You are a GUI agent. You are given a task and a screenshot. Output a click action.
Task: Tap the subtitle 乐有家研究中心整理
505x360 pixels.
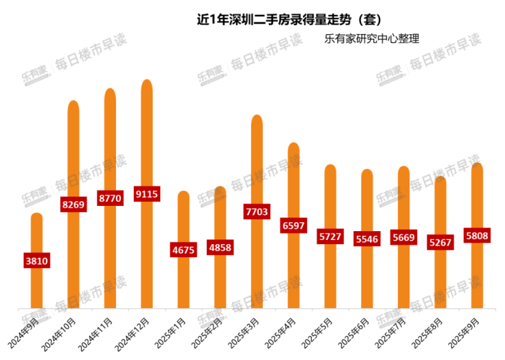click(x=371, y=39)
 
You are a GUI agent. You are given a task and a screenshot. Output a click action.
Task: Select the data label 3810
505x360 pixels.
click(x=36, y=260)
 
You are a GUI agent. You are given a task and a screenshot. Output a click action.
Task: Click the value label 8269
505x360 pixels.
click(x=73, y=204)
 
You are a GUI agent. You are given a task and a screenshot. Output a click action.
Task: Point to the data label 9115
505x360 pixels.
click(x=147, y=194)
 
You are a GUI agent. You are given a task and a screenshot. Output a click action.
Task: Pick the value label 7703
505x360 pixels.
click(x=257, y=212)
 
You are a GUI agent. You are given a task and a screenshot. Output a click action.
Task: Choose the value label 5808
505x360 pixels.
click(x=477, y=236)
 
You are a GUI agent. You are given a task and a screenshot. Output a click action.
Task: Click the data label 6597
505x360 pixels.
click(x=293, y=225)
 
